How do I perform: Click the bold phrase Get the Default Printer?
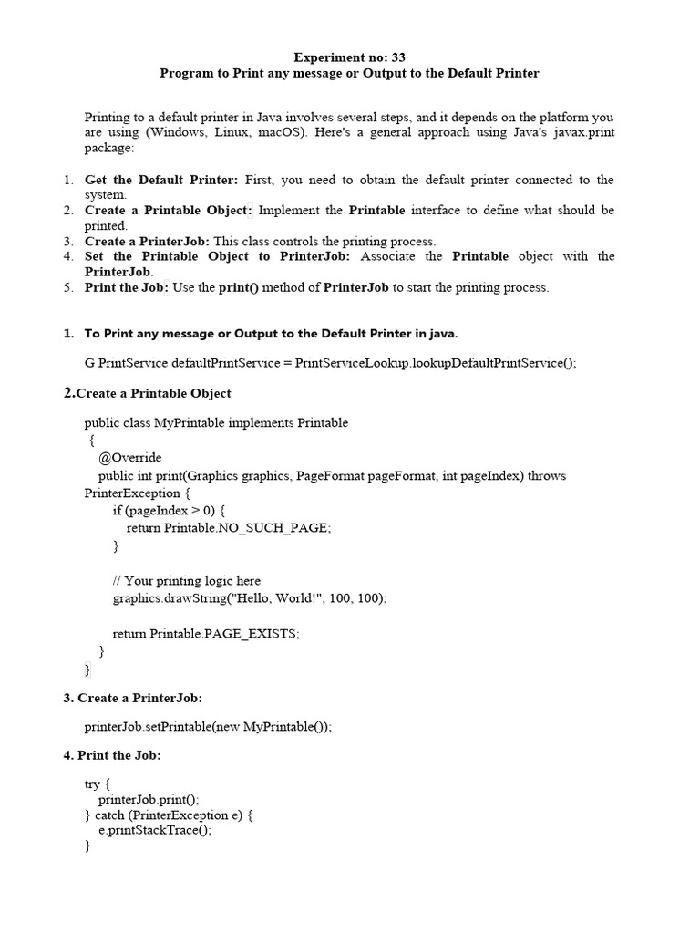161,180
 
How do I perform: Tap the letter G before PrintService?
89,362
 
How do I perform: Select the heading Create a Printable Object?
154,393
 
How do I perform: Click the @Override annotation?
129,458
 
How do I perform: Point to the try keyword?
94,784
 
